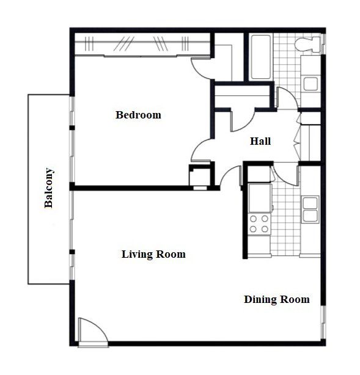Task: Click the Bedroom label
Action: coord(138,115)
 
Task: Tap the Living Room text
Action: coord(153,254)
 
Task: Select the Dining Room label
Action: coord(276,299)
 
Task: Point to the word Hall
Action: coord(260,141)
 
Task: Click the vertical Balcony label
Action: coord(50,188)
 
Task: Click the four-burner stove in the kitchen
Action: coord(259,224)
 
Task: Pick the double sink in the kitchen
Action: coord(310,208)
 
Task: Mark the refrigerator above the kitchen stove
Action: coord(259,197)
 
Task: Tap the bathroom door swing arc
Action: coord(285,98)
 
